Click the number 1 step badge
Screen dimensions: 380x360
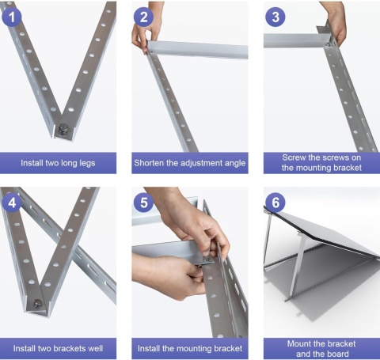click(12, 17)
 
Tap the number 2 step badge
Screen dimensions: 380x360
click(143, 17)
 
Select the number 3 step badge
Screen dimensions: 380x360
click(275, 17)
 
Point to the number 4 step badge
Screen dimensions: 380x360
click(12, 203)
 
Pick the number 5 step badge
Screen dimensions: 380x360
click(143, 203)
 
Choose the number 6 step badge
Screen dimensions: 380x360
click(275, 203)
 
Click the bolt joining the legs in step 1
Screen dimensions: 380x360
click(63, 128)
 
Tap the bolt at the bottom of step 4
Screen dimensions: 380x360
click(38, 303)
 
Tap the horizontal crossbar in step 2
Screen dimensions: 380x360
click(198, 50)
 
